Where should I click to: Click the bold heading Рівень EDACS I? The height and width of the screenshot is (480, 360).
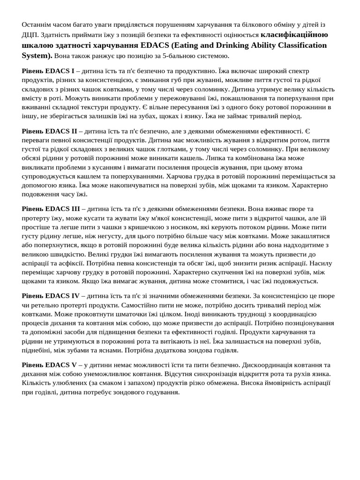pos(48,71)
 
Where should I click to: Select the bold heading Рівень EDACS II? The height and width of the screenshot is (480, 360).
pos(49,131)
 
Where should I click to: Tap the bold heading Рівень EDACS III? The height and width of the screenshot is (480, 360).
pos(51,209)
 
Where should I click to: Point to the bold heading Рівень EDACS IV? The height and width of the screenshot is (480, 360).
pos(51,296)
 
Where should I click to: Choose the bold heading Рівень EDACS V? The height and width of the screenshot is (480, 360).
pos(49,365)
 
